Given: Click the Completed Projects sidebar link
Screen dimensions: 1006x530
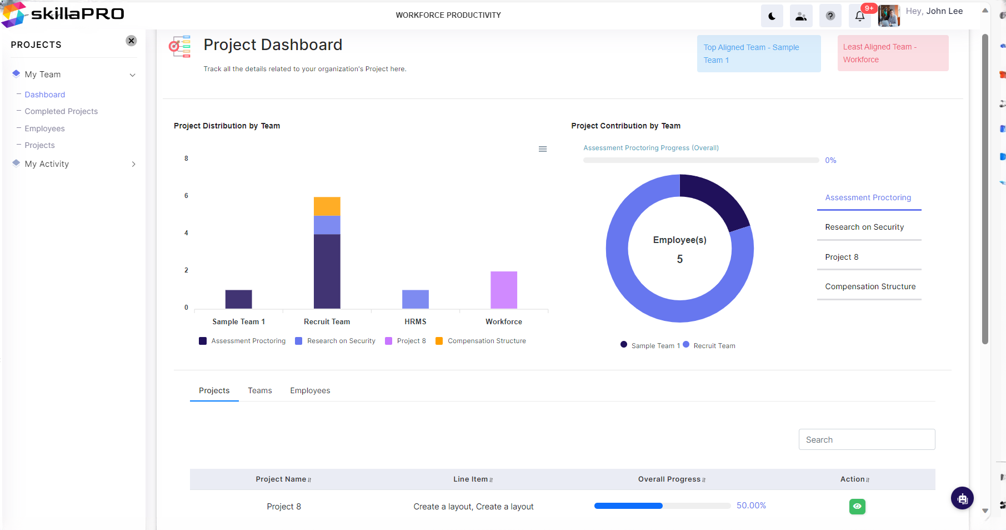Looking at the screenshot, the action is click(61, 111).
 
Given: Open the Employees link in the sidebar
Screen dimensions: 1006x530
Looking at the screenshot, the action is click(44, 128).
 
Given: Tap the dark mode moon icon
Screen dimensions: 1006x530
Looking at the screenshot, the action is click(772, 16).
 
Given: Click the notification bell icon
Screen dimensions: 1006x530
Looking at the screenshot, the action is click(860, 16).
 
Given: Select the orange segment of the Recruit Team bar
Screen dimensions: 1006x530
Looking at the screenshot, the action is click(327, 206).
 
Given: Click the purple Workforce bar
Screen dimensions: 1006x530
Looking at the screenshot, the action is click(504, 290).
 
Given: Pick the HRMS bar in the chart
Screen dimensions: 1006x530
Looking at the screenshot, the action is click(416, 299).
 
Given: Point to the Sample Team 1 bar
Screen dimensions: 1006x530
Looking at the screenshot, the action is click(239, 299).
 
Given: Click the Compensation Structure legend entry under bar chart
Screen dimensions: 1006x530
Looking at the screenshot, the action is click(481, 341).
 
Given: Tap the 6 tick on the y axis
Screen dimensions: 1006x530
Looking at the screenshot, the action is click(186, 196).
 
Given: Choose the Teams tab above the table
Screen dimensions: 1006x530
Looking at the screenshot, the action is click(260, 390).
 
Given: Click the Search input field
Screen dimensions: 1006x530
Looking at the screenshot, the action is click(867, 439).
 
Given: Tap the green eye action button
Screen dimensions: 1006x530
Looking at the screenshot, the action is click(857, 507).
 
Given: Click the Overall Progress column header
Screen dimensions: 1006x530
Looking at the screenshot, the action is click(669, 479).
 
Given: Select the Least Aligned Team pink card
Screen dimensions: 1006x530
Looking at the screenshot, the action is click(893, 53).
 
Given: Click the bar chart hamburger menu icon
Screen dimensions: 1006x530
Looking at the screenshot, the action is click(543, 149).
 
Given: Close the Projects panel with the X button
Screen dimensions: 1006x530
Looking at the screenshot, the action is click(131, 41).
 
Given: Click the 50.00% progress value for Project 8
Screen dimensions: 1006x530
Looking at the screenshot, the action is click(751, 506).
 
